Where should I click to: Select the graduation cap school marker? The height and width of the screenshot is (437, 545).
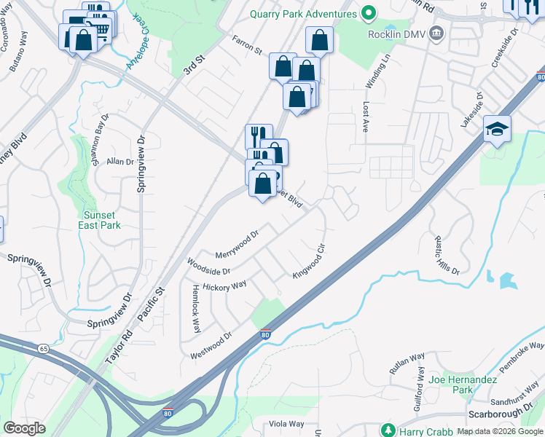point(498,130)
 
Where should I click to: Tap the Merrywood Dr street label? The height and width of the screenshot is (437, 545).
point(238,245)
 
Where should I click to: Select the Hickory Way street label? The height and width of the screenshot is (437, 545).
point(224,287)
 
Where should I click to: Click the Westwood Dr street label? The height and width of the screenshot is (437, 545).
point(211,346)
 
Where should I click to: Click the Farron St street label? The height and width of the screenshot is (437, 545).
point(247,46)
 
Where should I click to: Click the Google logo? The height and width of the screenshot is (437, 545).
point(25,428)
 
